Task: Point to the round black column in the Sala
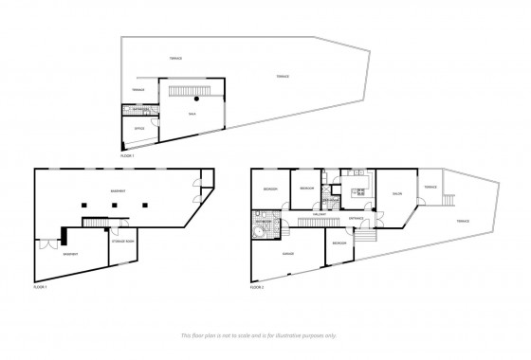[x=197, y=97]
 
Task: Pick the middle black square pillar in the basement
[x=114, y=205]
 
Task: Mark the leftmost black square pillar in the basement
[x=84, y=205]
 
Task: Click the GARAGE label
[x=288, y=254]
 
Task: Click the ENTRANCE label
[x=357, y=218]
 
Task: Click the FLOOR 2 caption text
[x=259, y=285]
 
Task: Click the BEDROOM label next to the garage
[x=339, y=245]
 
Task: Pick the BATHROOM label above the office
[x=137, y=110]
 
